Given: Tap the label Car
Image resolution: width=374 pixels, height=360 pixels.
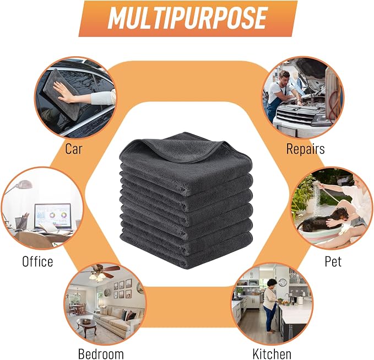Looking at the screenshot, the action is coord(74,149).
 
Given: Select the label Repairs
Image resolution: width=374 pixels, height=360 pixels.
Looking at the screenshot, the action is coord(305,149).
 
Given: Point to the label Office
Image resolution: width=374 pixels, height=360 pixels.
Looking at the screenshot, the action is coord(37,261).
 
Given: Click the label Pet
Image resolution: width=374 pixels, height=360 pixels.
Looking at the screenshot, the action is coord(333,261).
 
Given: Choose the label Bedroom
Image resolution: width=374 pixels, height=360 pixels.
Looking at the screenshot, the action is coord(101,353).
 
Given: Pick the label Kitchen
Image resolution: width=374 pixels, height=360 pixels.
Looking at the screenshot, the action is coord(272,353).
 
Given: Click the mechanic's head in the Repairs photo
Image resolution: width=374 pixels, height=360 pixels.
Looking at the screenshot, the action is coord(284,77).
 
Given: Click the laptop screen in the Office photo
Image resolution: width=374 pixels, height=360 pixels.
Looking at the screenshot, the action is coord(53,215).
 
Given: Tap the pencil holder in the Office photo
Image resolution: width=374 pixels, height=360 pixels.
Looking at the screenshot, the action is coord(21,223).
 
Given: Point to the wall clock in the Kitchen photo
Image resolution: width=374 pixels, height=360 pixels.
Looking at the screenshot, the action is coord(283,283).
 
